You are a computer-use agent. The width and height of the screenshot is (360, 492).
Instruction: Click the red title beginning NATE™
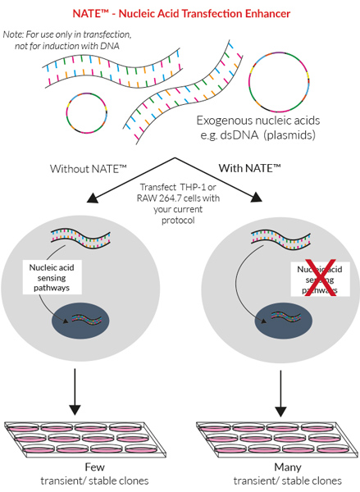[180, 14]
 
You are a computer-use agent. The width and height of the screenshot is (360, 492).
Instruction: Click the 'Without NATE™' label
[84, 168]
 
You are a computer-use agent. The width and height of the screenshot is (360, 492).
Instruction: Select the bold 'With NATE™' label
[249, 168]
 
